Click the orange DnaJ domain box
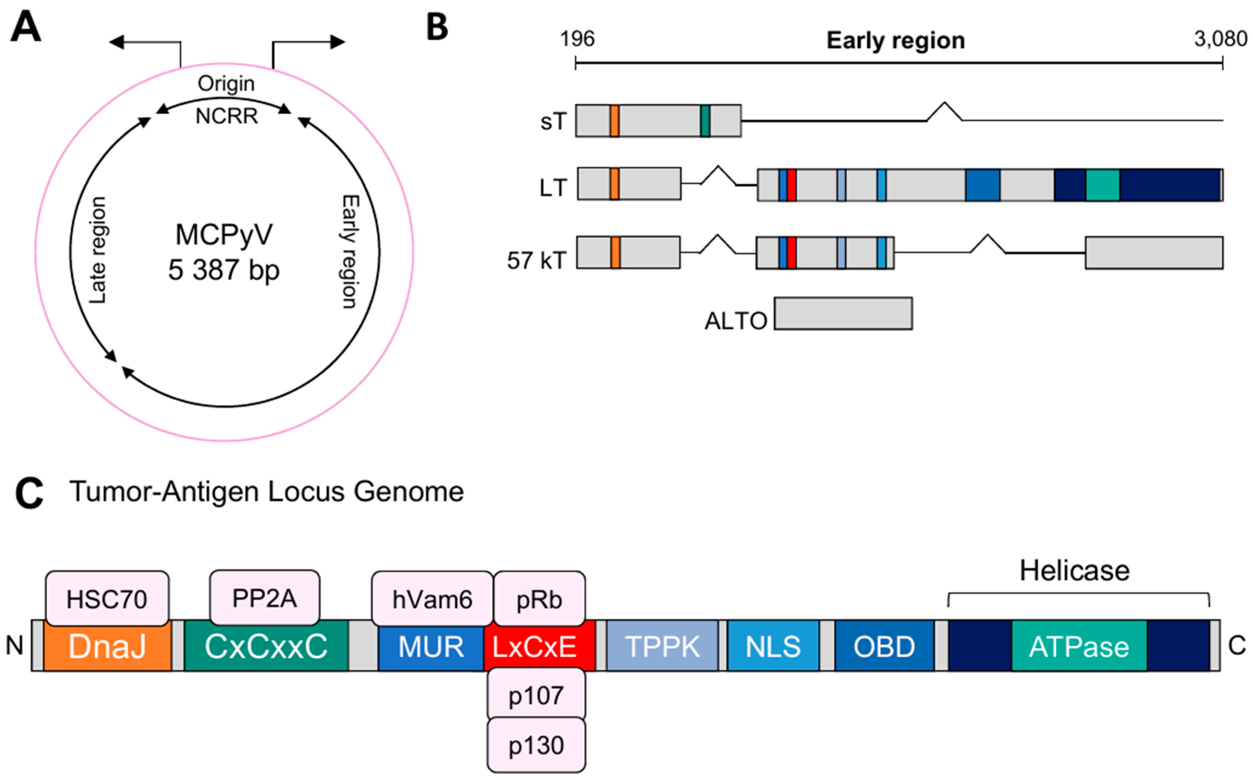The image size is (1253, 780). point(107,646)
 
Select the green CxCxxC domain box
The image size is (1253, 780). point(266,646)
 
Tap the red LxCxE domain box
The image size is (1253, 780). point(539,646)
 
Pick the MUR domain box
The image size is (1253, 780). point(431,646)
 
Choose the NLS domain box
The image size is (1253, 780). point(773,646)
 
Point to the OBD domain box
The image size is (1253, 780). point(884,646)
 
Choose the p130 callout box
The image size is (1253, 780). point(536,745)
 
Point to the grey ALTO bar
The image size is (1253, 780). point(843,313)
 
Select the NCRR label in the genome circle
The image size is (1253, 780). point(226,116)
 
